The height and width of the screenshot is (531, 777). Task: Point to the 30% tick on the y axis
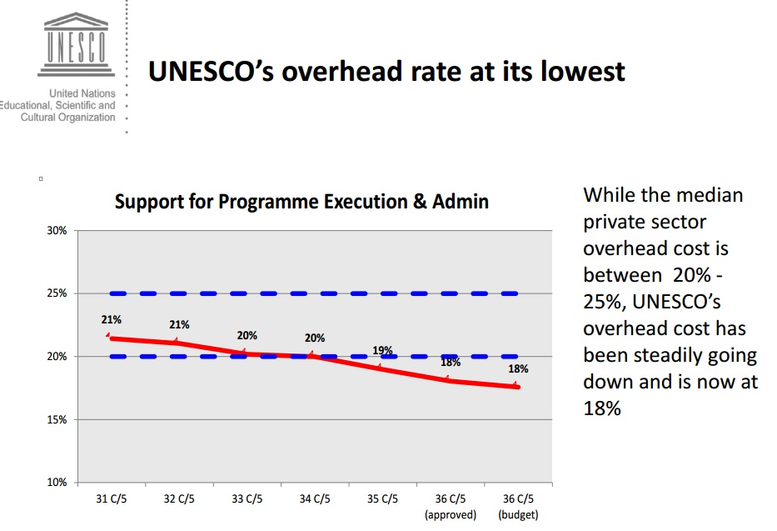tap(57, 231)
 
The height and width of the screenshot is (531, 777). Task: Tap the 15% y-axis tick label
tap(57, 420)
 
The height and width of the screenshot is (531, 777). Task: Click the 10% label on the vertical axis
tap(57, 483)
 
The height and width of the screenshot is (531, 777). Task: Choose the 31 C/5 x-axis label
tap(111, 499)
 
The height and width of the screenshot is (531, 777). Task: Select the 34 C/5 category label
tap(315, 499)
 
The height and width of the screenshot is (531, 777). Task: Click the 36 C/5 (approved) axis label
tap(451, 507)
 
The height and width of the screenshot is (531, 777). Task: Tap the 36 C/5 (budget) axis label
tap(518, 507)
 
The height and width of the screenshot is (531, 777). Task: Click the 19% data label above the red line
tap(382, 351)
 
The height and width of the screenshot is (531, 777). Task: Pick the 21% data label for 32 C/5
tap(179, 325)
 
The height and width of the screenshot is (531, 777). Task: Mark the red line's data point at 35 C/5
tap(382, 368)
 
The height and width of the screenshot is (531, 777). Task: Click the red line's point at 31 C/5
tap(111, 338)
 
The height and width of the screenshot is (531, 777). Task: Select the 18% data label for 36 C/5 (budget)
tap(519, 368)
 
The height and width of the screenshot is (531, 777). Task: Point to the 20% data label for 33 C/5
tap(247, 335)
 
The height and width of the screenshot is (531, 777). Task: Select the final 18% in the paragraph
tap(602, 409)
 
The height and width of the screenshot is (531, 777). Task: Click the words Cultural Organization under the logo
tap(68, 118)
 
